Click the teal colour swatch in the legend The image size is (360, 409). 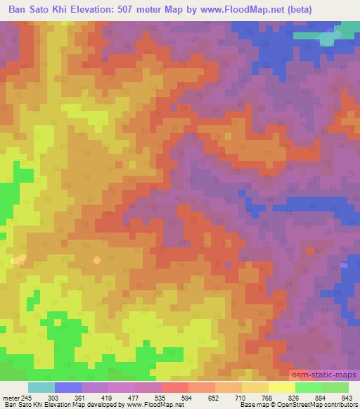[x=41, y=387]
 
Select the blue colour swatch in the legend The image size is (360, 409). [x=68, y=387]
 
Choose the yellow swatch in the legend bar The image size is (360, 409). [x=282, y=387]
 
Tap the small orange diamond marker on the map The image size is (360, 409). [x=96, y=261]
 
